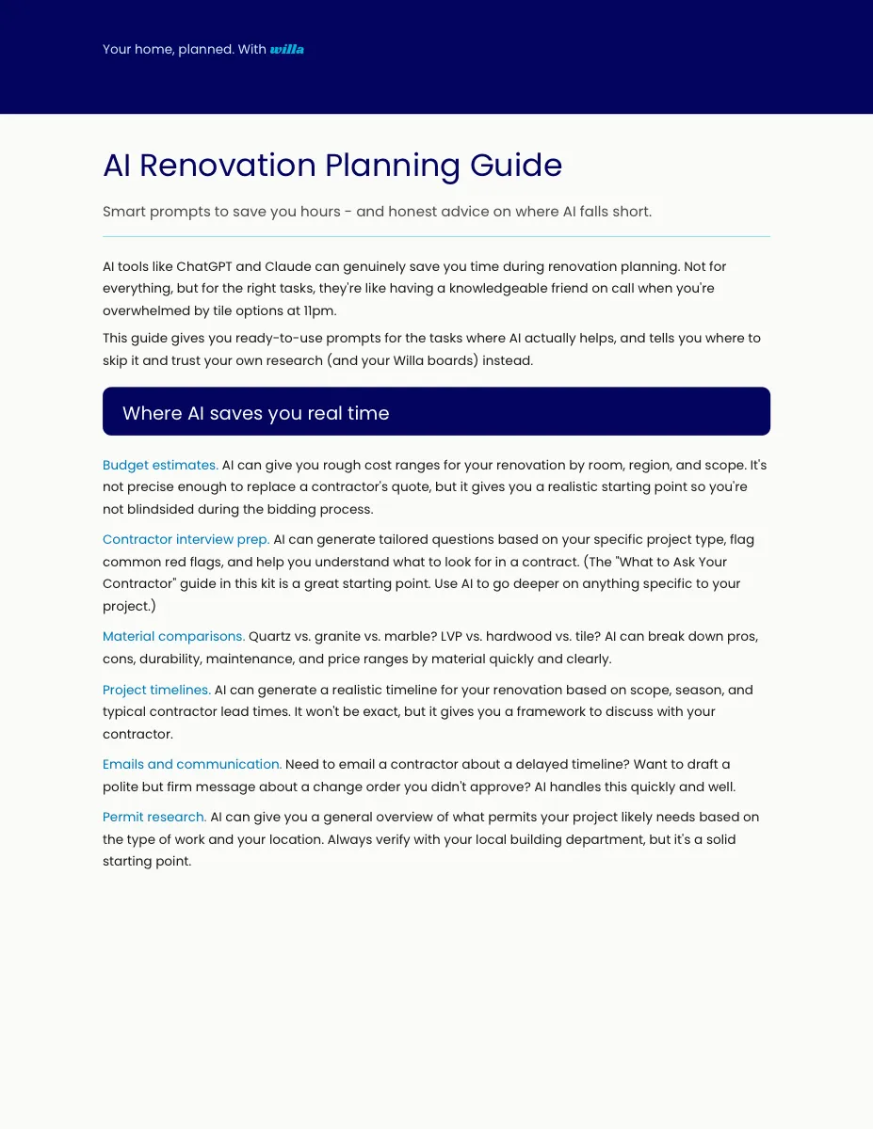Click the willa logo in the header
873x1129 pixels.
286,49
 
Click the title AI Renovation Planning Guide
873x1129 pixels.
332,166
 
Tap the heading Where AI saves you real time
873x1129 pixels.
255,413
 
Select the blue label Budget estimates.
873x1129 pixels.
160,465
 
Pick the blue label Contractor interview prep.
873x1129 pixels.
186,540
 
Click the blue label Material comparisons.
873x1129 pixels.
173,637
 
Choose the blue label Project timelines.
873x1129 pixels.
156,690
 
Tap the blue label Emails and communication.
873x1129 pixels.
192,764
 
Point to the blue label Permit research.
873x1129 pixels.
154,817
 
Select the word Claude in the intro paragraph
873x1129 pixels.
287,266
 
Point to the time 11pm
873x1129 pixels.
320,310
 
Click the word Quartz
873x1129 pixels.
269,637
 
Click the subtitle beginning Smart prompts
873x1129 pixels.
377,212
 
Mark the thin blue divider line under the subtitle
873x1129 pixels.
436,236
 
